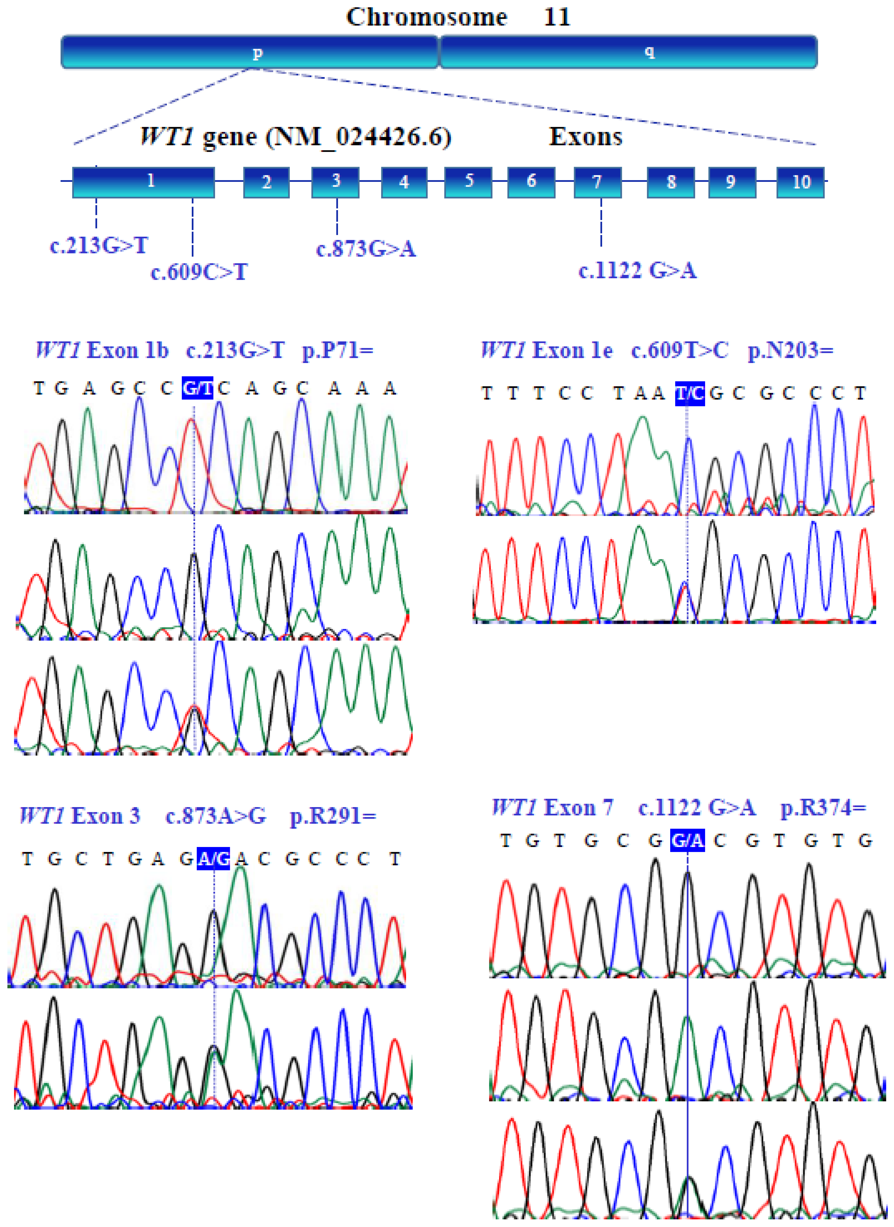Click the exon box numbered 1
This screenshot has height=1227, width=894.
[144, 182]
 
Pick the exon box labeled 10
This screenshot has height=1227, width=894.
[800, 182]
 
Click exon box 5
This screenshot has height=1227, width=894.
[468, 182]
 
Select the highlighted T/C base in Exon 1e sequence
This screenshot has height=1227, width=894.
[689, 393]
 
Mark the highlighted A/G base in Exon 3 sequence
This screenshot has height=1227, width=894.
[213, 858]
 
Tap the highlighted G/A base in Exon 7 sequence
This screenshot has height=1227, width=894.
[687, 840]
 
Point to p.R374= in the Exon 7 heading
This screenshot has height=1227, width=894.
[823, 807]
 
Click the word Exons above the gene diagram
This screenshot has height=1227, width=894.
[585, 136]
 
